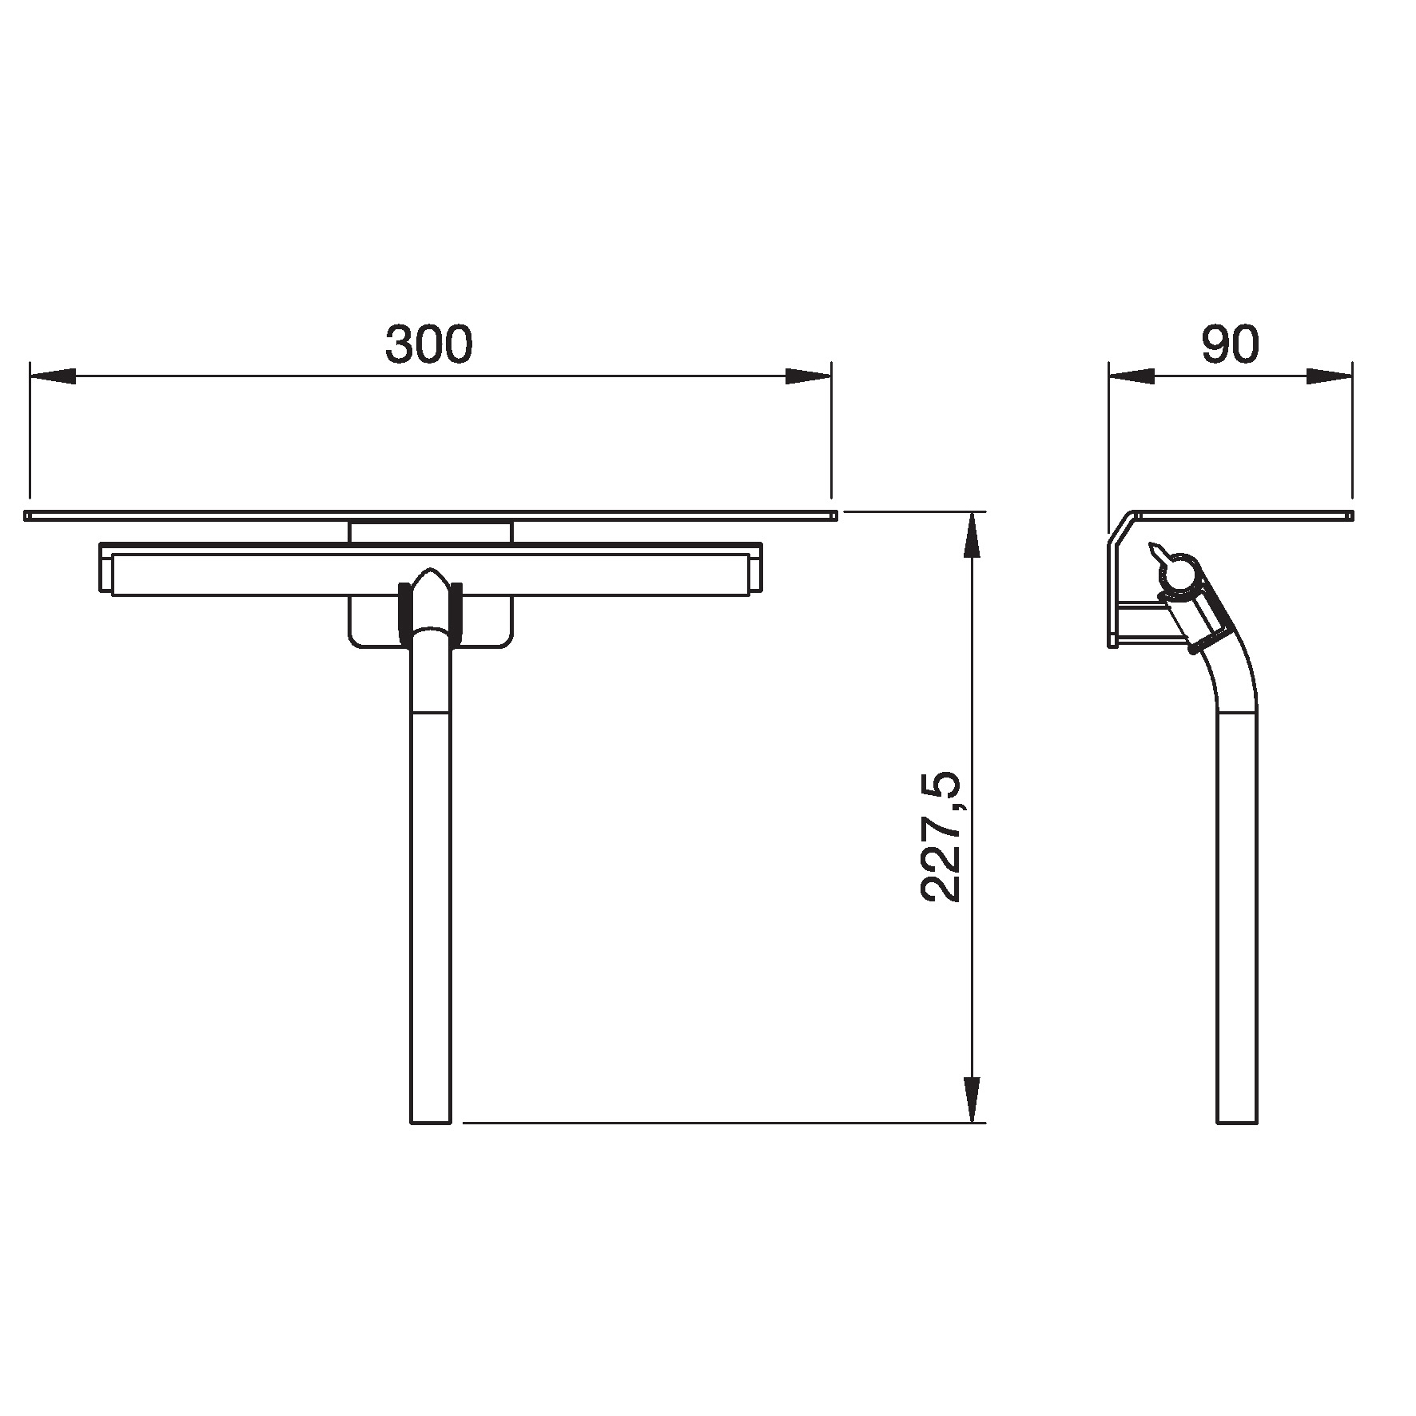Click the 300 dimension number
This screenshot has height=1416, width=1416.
[429, 344]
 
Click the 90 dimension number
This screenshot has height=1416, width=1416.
[1230, 344]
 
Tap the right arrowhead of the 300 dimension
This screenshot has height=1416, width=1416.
[808, 376]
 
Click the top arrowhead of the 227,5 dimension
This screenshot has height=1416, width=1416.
[971, 535]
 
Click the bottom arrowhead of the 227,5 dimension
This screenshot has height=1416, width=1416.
[971, 1099]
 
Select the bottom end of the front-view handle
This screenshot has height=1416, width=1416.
[431, 1120]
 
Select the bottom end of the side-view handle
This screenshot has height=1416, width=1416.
[1238, 1120]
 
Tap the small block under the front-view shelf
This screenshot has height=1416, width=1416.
[430, 531]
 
